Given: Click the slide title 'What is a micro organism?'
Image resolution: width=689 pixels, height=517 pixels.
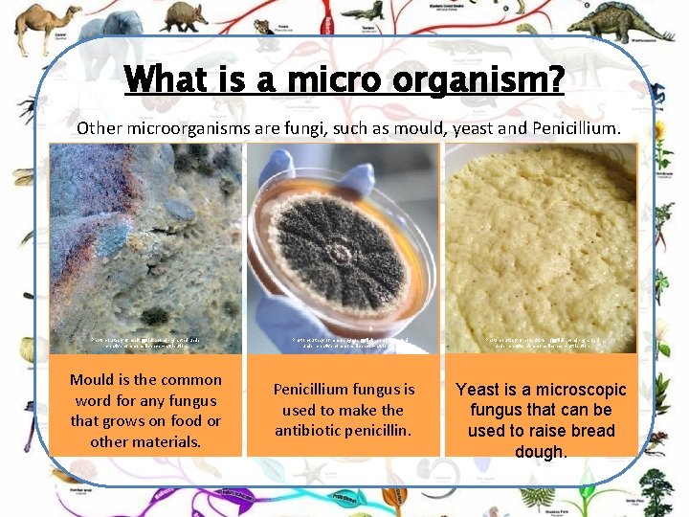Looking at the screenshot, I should coord(344,79).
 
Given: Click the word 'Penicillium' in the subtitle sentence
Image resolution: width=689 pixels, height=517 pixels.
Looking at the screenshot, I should coord(571,127).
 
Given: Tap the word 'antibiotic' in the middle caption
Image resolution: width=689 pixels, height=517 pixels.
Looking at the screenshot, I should coord(314,430).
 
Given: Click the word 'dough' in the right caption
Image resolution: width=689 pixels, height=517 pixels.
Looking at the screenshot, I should coord(541,451).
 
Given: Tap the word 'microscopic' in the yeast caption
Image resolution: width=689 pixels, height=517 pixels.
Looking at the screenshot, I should coord(579,390).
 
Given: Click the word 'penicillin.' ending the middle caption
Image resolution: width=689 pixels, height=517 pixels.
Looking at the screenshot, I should coord(383,430).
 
